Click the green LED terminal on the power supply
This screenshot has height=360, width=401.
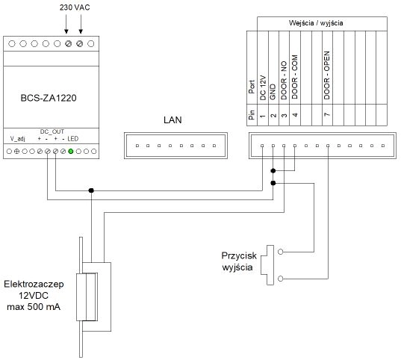pyautogui.click(x=71, y=151)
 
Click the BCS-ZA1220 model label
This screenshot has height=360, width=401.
pyautogui.click(x=49, y=98)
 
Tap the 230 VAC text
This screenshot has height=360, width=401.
pyautogui.click(x=75, y=7)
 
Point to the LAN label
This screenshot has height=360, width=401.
pyautogui.click(x=172, y=120)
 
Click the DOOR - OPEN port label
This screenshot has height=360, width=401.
pyautogui.click(x=327, y=75)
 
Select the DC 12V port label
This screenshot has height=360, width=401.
pyautogui.click(x=263, y=87)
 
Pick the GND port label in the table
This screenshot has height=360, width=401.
pyautogui.click(x=273, y=92)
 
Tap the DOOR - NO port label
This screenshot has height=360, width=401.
pyautogui.click(x=284, y=80)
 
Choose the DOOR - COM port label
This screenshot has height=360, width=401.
pyautogui.click(x=295, y=77)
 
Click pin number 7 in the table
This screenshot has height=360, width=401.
pyautogui.click(x=327, y=114)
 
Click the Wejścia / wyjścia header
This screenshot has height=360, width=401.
pyautogui.click(x=316, y=22)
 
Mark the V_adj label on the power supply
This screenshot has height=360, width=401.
pyautogui.click(x=18, y=139)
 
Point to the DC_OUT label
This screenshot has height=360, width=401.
pyautogui.click(x=52, y=131)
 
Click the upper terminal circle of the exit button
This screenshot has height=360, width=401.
pyautogui.click(x=280, y=252)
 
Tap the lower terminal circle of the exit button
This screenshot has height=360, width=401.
pyautogui.click(x=280, y=279)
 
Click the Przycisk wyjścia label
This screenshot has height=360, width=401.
pyautogui.click(x=239, y=261)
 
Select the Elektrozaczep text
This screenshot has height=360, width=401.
pyautogui.click(x=34, y=285)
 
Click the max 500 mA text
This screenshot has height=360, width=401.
pyautogui.click(x=34, y=307)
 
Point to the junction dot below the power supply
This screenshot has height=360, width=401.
pyautogui.click(x=91, y=190)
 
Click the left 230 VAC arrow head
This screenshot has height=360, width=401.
pyautogui.click(x=66, y=31)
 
